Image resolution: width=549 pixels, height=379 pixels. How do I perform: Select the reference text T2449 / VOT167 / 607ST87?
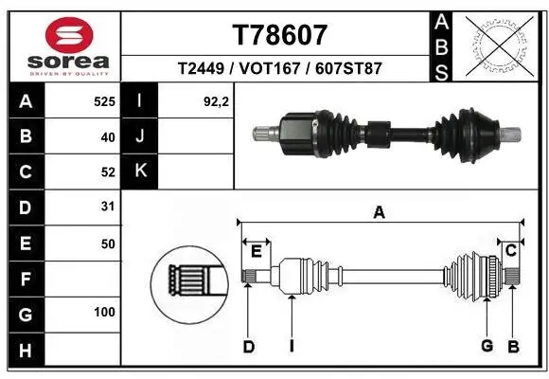point(279,69)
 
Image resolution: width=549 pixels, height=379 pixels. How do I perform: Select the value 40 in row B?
point(107,137)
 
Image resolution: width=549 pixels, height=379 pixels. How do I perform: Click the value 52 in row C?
point(107,172)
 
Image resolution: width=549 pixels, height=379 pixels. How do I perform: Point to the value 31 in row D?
point(107,208)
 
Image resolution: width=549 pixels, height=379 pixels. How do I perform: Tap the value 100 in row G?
point(104,312)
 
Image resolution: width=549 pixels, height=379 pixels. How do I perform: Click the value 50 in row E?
point(107,244)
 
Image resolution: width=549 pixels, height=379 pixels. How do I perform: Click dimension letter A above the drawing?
point(379,213)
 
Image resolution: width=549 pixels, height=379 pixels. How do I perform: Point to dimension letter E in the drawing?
point(256,250)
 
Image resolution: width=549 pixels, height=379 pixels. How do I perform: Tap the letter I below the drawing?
point(292,347)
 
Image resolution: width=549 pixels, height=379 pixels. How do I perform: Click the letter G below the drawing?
point(487,347)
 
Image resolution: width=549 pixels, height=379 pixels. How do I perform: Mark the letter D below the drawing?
point(248,347)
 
